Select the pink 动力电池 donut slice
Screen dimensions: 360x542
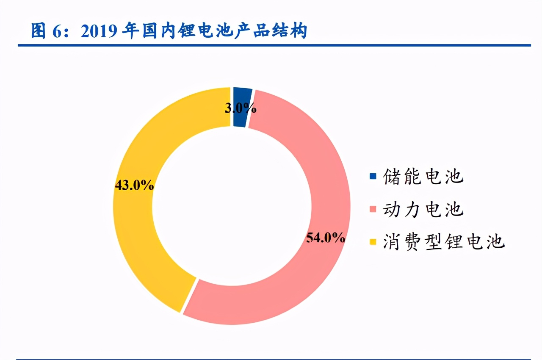click(322, 178)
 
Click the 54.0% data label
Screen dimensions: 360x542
click(326, 238)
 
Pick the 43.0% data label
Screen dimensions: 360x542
click(134, 185)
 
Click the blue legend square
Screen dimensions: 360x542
click(373, 176)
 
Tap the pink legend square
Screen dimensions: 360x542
click(373, 209)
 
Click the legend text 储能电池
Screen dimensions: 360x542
click(423, 176)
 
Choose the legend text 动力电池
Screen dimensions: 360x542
click(423, 209)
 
